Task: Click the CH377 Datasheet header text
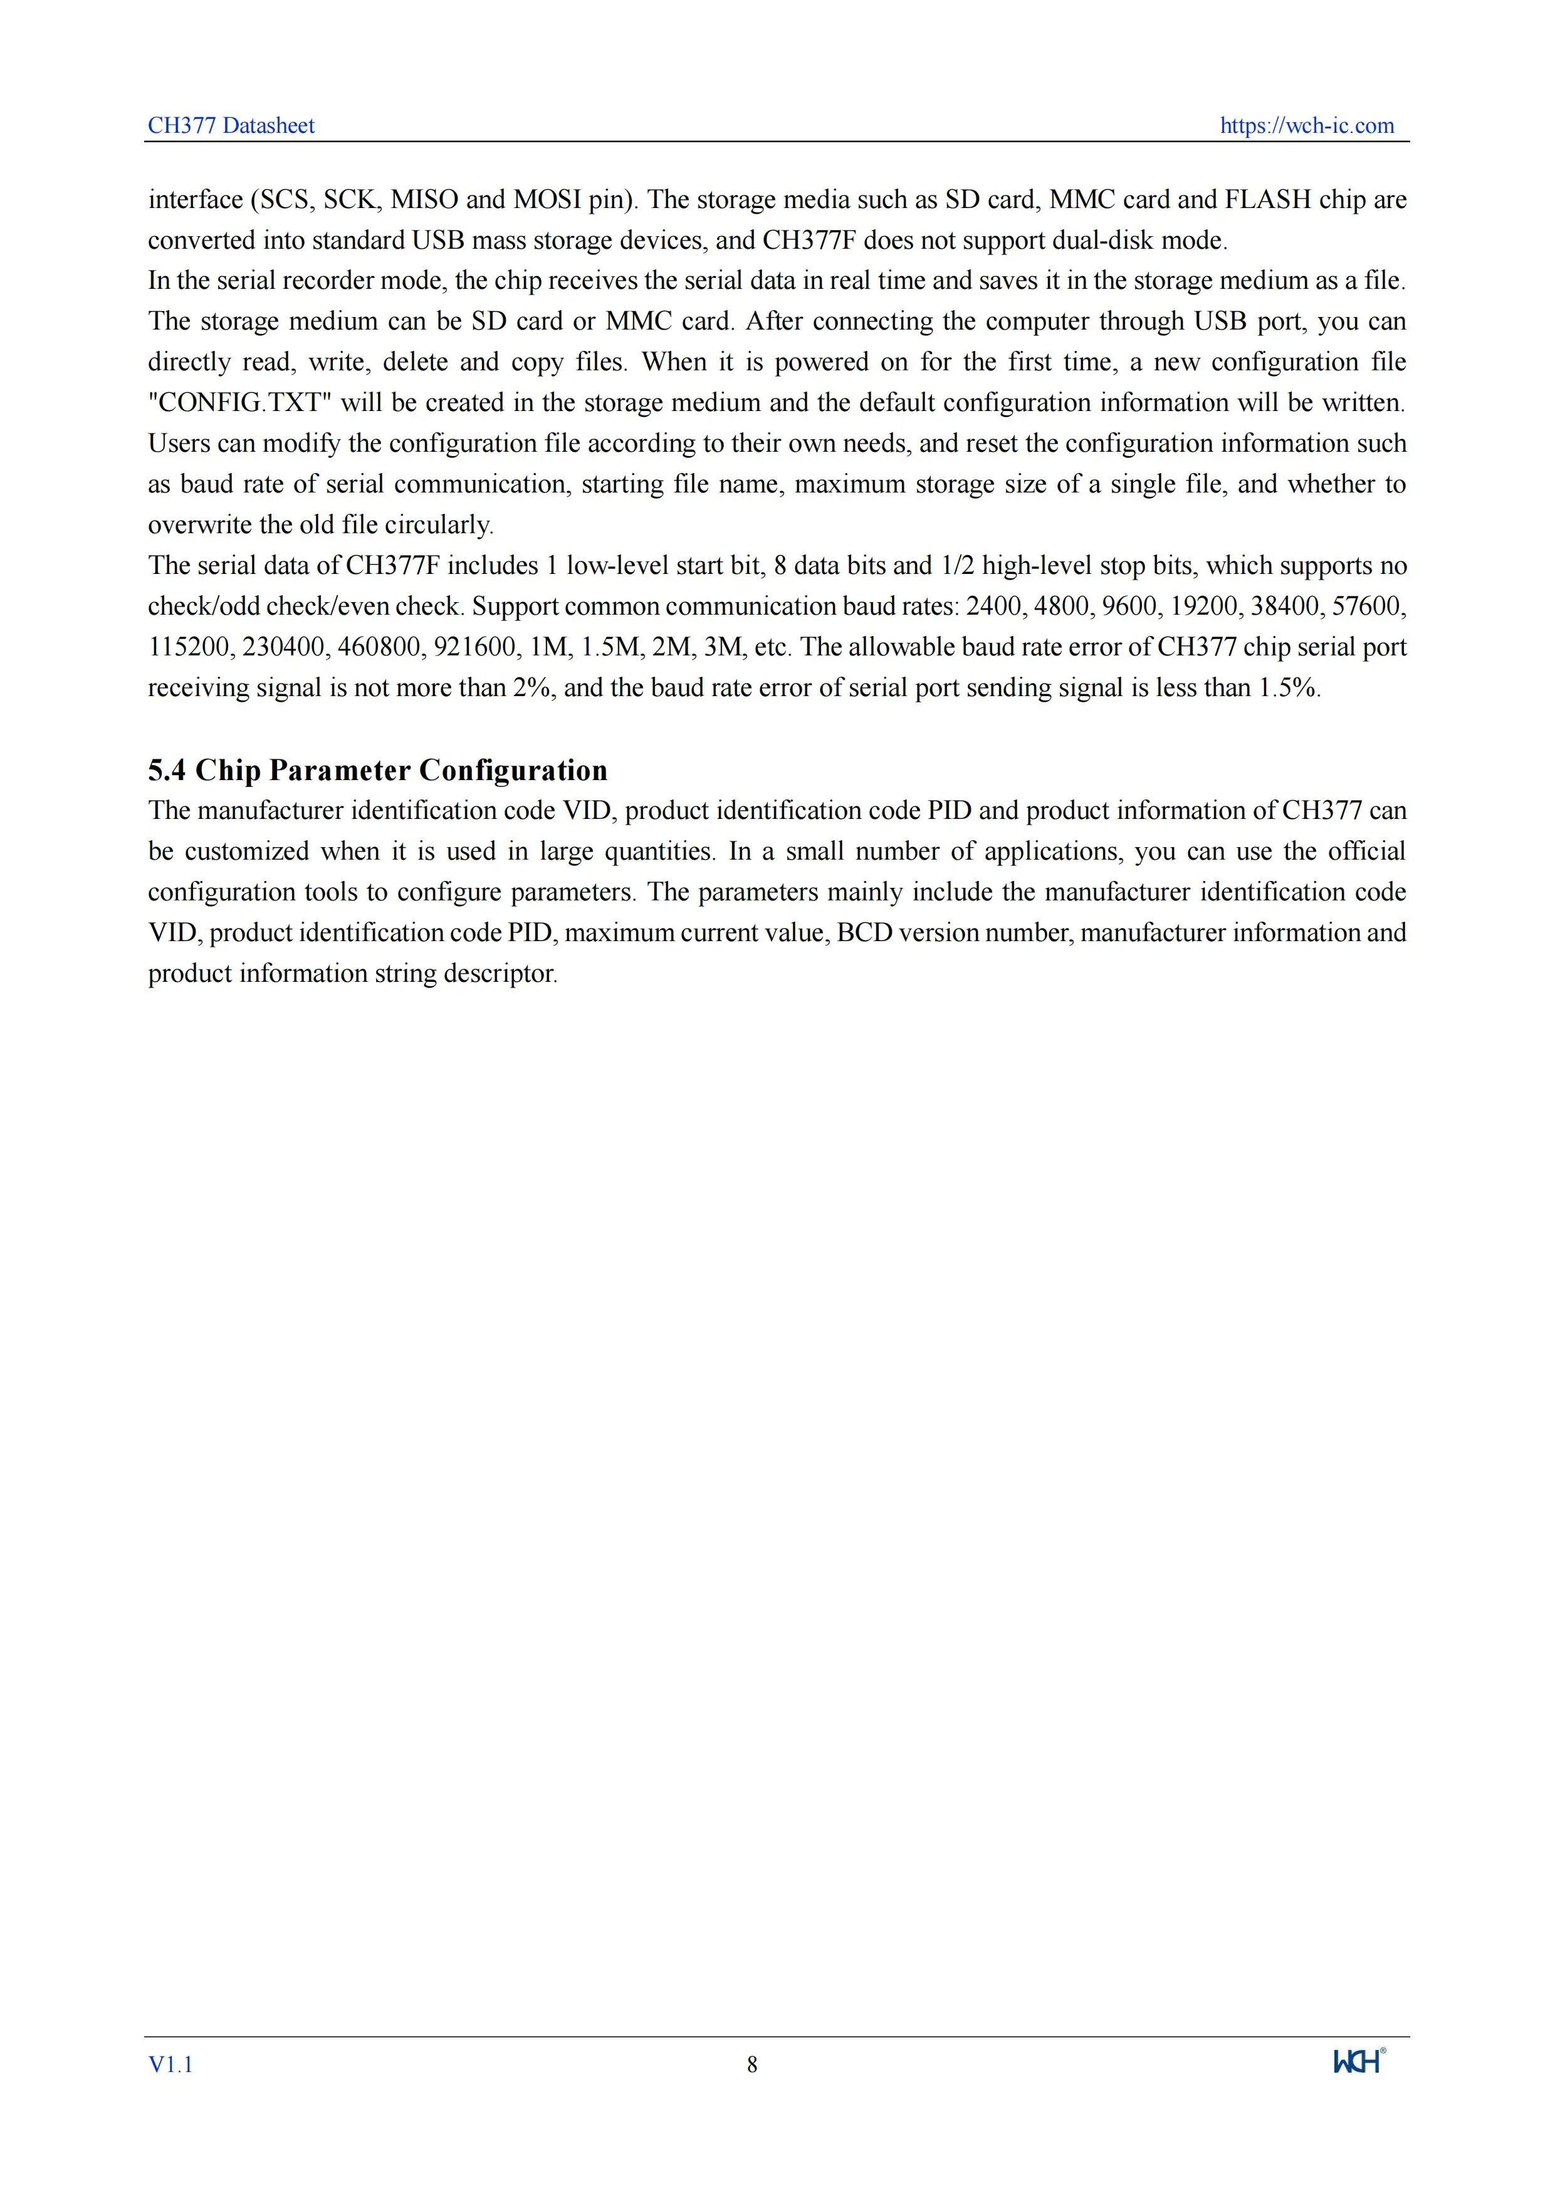click(231, 125)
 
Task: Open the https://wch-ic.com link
click(1306, 125)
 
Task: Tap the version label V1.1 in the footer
click(170, 2065)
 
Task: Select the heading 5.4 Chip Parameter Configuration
click(377, 771)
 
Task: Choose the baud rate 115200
click(189, 647)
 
